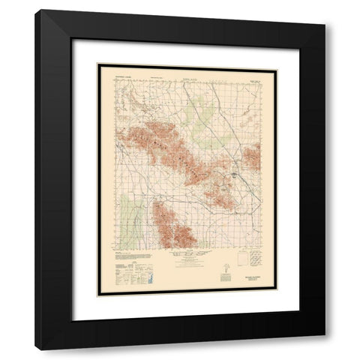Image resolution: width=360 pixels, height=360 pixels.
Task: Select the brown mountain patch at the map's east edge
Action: [253, 155]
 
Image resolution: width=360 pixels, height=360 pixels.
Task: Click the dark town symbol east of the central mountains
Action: [235, 177]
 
